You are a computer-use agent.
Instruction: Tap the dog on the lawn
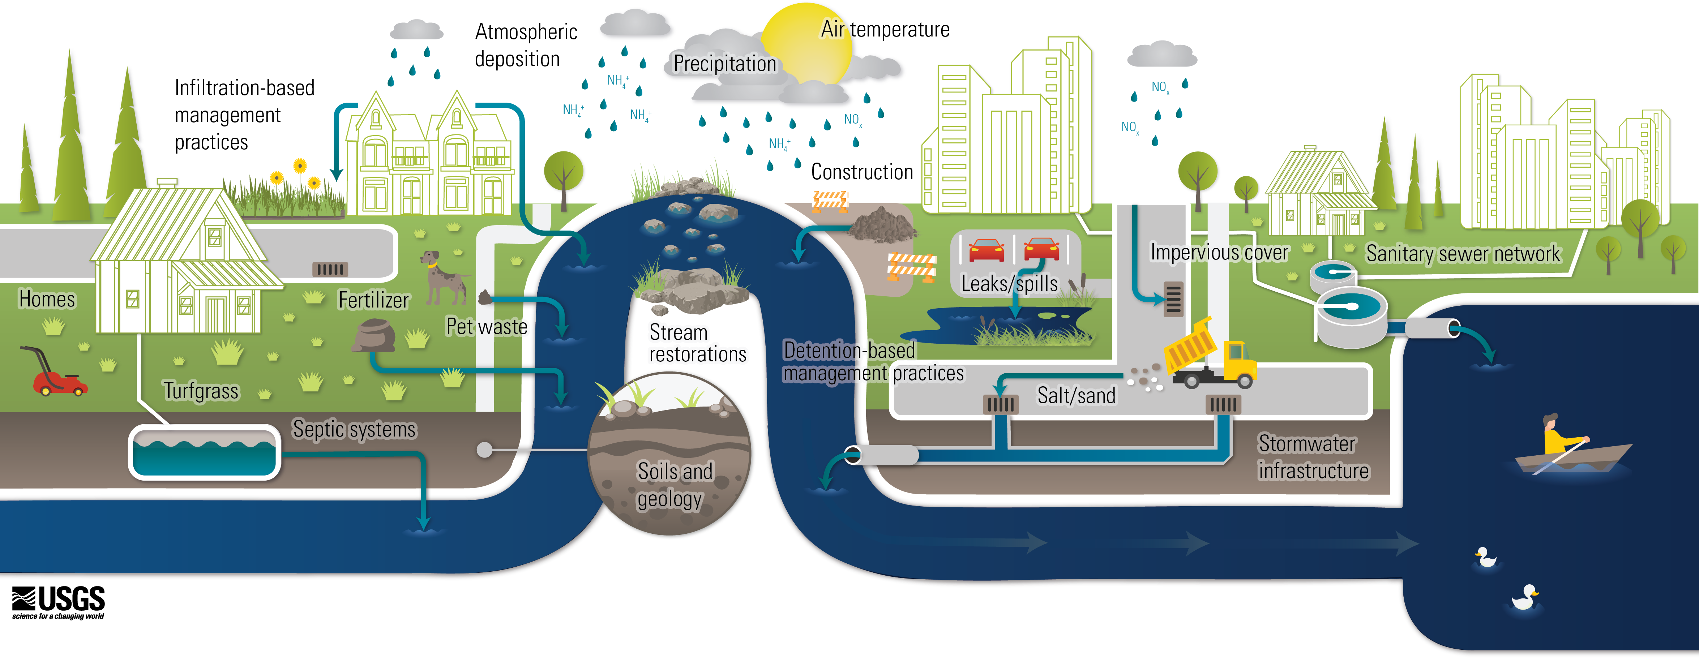point(442,277)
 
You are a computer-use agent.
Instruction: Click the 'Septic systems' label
point(354,429)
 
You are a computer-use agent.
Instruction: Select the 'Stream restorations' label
point(697,343)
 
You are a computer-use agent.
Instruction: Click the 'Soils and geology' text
point(674,485)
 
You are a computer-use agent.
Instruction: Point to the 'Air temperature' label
point(885,30)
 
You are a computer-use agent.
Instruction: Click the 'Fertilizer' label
point(373,300)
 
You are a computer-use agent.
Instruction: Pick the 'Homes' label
point(47,299)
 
